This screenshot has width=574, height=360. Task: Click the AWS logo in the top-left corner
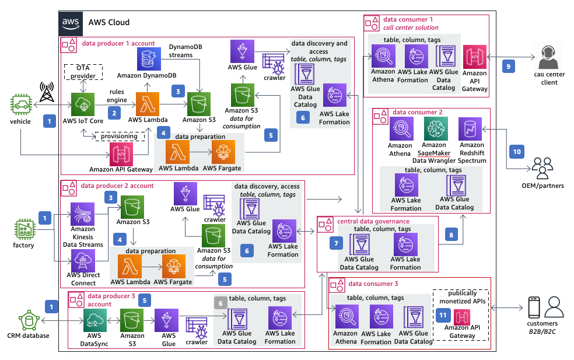pyautogui.click(x=71, y=23)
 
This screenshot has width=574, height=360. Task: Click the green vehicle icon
pyautogui.click(x=21, y=105)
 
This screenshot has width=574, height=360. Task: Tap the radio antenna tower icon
pyautogui.click(x=47, y=92)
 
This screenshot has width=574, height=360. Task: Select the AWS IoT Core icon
pyautogui.click(x=83, y=104)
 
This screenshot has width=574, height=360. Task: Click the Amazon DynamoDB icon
pyautogui.click(x=149, y=58)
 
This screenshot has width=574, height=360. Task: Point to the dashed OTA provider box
pyautogui.click(x=83, y=72)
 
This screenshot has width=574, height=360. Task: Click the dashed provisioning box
pyautogui.click(x=120, y=136)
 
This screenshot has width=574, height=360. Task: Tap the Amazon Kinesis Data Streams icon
pyautogui.click(x=83, y=214)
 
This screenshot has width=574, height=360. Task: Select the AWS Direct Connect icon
pyautogui.click(x=83, y=261)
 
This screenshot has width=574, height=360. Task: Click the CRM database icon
pyautogui.click(x=29, y=321)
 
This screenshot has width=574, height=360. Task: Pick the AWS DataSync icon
pyautogui.click(x=95, y=320)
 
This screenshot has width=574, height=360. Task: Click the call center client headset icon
pyautogui.click(x=548, y=57)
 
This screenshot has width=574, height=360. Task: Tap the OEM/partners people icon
pyautogui.click(x=542, y=169)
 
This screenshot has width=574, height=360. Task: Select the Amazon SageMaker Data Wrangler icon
pyautogui.click(x=436, y=128)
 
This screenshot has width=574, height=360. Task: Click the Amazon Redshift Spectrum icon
pyautogui.click(x=470, y=129)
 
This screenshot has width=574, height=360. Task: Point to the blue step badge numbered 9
pyautogui.click(x=509, y=67)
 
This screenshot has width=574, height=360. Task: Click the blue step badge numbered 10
pyautogui.click(x=517, y=152)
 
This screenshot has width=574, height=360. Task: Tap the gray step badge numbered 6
pyautogui.click(x=220, y=303)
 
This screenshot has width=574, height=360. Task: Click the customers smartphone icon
pyautogui.click(x=534, y=307)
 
